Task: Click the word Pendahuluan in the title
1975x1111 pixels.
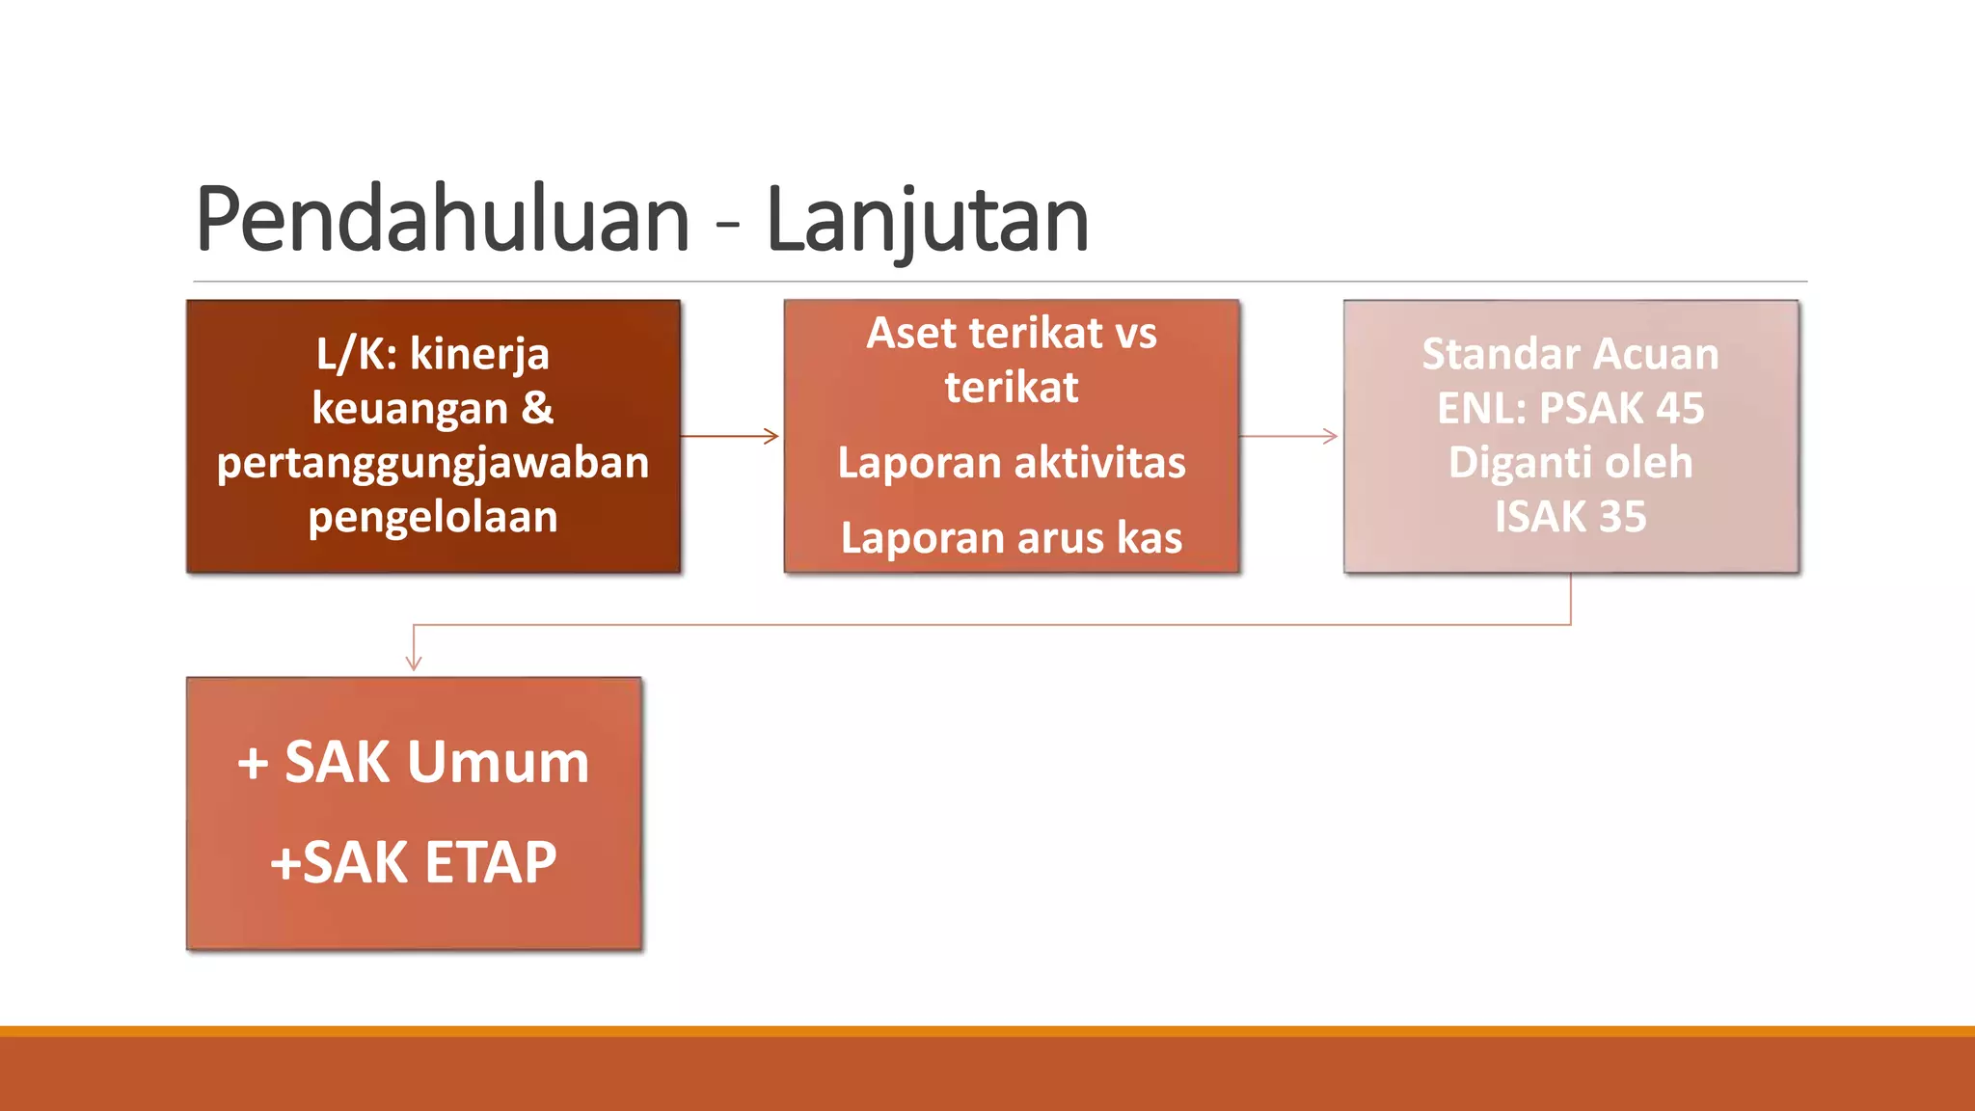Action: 443,220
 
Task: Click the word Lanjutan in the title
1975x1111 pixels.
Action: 927,220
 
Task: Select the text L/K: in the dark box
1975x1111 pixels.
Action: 357,354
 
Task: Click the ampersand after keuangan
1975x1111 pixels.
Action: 537,408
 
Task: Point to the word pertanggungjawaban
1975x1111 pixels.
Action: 433,463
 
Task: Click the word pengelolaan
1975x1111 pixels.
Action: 433,518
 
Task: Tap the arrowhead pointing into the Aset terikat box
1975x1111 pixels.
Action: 771,436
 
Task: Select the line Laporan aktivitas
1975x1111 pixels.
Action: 1012,463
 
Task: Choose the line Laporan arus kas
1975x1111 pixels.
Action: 1012,538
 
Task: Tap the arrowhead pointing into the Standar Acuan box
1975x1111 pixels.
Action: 1331,436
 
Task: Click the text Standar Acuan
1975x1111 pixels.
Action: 1570,354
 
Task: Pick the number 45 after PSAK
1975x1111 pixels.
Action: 1679,408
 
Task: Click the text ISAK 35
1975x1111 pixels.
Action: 1570,517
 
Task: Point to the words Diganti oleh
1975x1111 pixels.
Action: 1570,463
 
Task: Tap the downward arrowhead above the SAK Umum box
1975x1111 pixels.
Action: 414,663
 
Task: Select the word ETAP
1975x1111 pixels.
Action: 490,863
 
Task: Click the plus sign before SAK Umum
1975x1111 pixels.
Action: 253,763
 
